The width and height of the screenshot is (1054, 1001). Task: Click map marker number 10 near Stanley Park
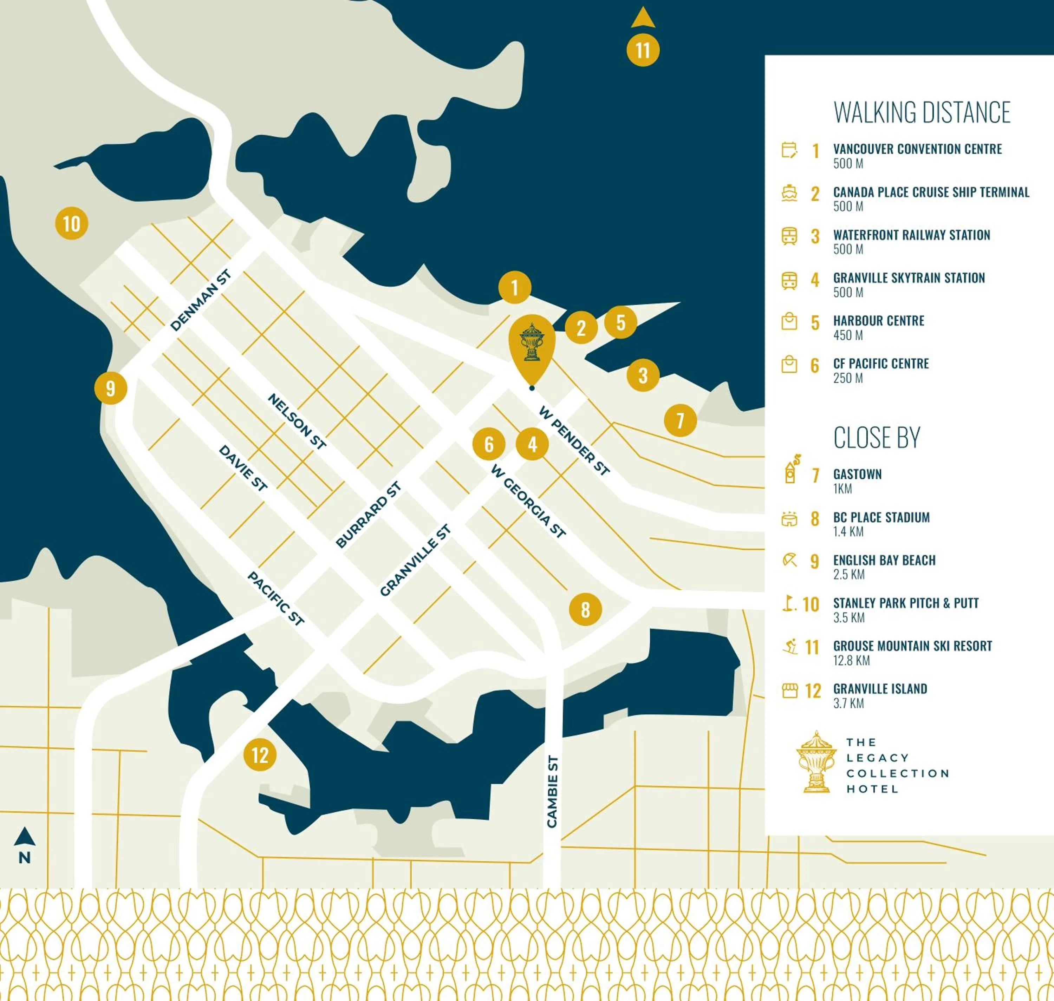pyautogui.click(x=72, y=224)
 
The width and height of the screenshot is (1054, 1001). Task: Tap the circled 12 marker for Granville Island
pyautogui.click(x=260, y=755)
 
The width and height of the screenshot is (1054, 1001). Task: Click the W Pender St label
pyautogui.click(x=574, y=441)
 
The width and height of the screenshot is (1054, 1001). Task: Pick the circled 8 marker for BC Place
pyautogui.click(x=585, y=609)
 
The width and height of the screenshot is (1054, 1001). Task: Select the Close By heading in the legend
pyautogui.click(x=877, y=438)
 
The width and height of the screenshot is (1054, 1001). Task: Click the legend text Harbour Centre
pyautogui.click(x=878, y=321)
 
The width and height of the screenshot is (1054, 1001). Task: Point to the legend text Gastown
pyautogui.click(x=857, y=474)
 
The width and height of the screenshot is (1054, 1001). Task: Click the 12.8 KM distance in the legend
pyautogui.click(x=851, y=661)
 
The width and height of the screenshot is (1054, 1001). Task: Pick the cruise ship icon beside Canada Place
pyautogui.click(x=789, y=192)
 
